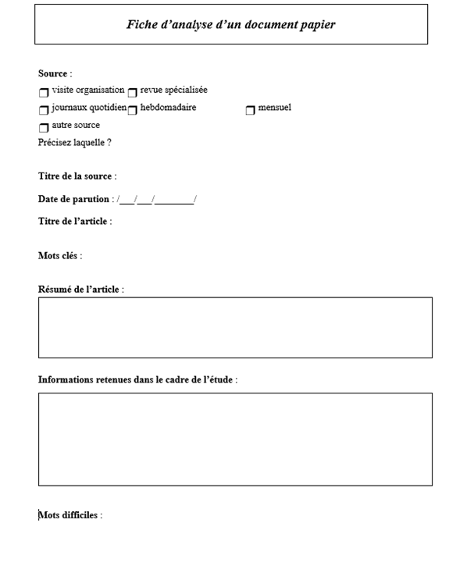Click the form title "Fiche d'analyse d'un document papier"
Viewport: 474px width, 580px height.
[231, 25]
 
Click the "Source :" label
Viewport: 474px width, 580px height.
[55, 74]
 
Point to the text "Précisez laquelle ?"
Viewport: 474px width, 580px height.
[74, 143]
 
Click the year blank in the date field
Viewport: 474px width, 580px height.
[174, 200]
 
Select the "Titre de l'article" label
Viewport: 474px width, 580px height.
[74, 222]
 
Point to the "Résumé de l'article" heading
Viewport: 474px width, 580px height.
[80, 290]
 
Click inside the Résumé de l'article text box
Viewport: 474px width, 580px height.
[235, 327]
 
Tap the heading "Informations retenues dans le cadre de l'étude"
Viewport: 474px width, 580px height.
[137, 380]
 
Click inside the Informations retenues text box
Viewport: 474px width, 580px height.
[235, 439]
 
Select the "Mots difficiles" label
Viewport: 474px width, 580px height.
[69, 515]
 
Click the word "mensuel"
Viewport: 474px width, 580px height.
[274, 108]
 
